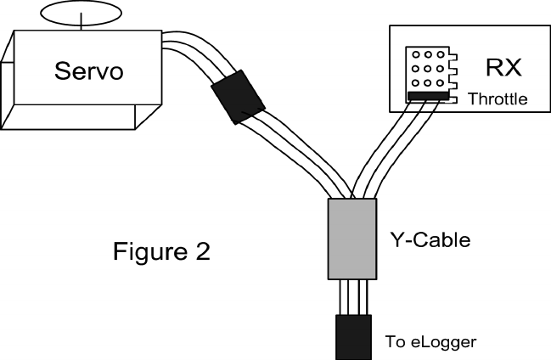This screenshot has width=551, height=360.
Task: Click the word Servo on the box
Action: pos(89,70)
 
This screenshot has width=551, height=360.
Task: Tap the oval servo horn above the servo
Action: pos(82,12)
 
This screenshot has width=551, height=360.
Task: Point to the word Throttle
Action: pos(498,99)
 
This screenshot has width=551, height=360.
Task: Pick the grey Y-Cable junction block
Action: pos(351,239)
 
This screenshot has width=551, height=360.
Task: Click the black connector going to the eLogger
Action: pos(351,335)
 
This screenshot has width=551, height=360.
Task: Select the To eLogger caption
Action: pos(431,342)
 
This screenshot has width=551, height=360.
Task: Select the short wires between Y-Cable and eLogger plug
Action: pos(351,296)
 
